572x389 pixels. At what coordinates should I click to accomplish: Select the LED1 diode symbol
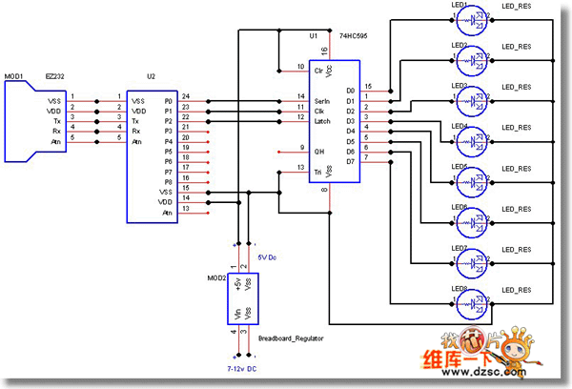pyautogui.click(x=474, y=19)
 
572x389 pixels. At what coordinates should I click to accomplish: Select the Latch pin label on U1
pyautogui.click(x=322, y=120)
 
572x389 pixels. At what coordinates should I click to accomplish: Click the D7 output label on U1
pyautogui.click(x=350, y=161)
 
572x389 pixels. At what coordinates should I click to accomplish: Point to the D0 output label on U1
pyautogui.click(x=350, y=91)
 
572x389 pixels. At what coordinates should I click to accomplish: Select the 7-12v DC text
pyautogui.click(x=242, y=366)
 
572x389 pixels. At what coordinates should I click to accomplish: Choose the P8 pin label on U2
pyautogui.click(x=168, y=180)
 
